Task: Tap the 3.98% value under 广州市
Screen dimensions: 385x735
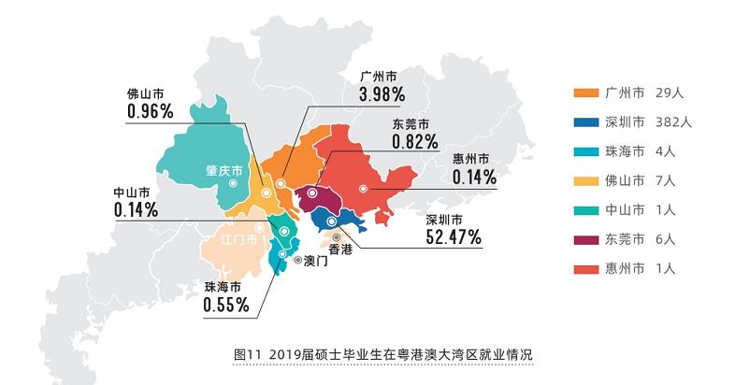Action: click(381, 93)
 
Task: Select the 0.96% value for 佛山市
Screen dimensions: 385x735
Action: click(151, 111)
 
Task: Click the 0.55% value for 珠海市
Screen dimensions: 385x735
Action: click(225, 304)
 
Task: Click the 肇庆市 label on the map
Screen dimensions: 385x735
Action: click(224, 171)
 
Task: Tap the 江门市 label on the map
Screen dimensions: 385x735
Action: click(238, 240)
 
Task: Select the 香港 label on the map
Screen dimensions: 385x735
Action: click(339, 250)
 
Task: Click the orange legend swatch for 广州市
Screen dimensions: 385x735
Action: click(584, 93)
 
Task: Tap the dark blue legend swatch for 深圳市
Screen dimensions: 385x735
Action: click(584, 122)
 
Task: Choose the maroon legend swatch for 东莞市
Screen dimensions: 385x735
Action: click(584, 239)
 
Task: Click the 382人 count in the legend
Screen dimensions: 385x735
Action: click(673, 122)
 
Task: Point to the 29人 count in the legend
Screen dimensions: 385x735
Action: click(670, 93)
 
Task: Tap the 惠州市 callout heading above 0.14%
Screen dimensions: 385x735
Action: click(470, 158)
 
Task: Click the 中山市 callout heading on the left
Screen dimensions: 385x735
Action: click(132, 192)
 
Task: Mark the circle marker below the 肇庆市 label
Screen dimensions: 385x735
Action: click(231, 184)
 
